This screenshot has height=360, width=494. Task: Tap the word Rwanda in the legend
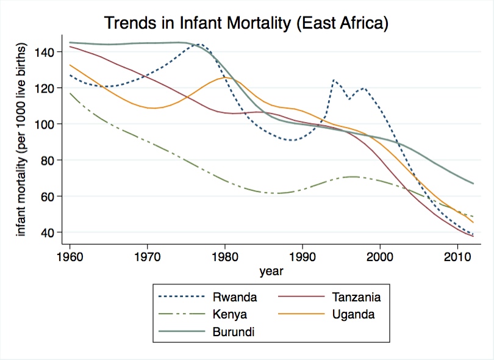click(x=235, y=298)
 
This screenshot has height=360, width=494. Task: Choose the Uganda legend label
click(x=354, y=315)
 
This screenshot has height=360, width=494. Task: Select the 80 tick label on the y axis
click(x=48, y=160)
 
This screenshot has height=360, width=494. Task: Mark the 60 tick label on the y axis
click(x=48, y=196)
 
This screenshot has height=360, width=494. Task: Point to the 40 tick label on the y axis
click(x=48, y=232)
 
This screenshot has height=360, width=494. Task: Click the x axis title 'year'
click(x=271, y=272)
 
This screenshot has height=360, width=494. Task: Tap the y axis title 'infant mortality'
click(x=21, y=140)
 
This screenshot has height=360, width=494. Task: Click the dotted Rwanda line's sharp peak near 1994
click(x=334, y=79)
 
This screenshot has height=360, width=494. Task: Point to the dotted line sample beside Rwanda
click(x=181, y=298)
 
